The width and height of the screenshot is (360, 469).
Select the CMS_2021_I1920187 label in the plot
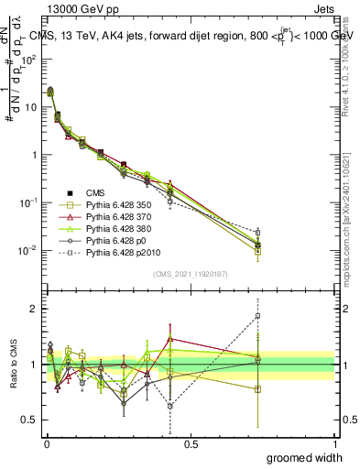(x=190, y=274)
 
